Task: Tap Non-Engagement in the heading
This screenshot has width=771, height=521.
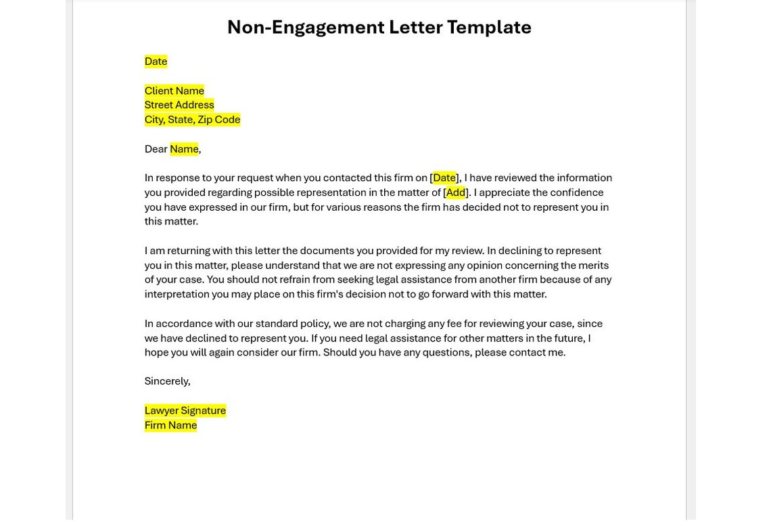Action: pyautogui.click(x=306, y=27)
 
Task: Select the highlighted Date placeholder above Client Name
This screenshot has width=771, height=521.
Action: pyautogui.click(x=156, y=61)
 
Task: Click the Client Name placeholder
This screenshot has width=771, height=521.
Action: pyautogui.click(x=174, y=91)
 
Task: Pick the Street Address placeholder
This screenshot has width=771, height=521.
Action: pyautogui.click(x=179, y=105)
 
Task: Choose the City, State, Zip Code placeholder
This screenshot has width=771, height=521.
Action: pyautogui.click(x=192, y=120)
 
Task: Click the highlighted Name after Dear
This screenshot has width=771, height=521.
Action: pyautogui.click(x=184, y=149)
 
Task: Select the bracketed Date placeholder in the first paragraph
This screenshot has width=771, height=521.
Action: pyautogui.click(x=444, y=178)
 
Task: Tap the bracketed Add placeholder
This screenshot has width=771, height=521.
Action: pyautogui.click(x=455, y=193)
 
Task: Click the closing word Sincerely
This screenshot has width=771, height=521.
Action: pyautogui.click(x=167, y=381)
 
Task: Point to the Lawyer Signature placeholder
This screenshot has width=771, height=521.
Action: pyautogui.click(x=185, y=410)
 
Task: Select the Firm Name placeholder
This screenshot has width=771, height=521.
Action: pyautogui.click(x=170, y=425)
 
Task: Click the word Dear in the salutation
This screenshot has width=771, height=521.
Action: pyautogui.click(x=156, y=149)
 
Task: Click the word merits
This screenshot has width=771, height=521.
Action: pyautogui.click(x=592, y=266)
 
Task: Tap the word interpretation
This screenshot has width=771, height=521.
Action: pyautogui.click(x=177, y=295)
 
